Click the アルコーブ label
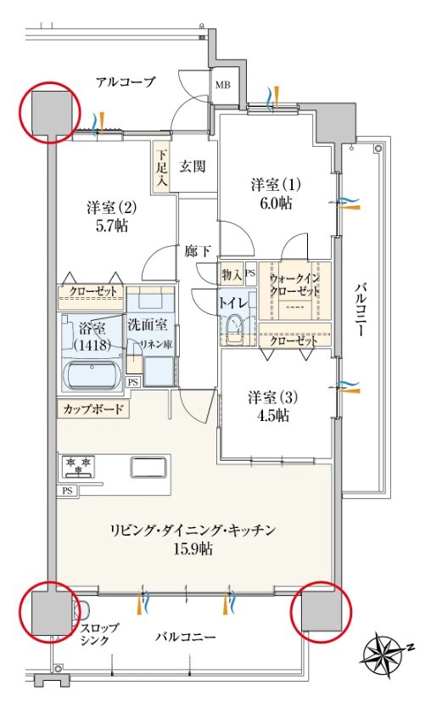click(x=126, y=82)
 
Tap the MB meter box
click(x=221, y=85)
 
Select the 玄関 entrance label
click(x=192, y=166)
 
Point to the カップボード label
click(x=92, y=409)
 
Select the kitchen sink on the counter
click(x=150, y=468)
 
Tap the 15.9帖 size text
click(x=195, y=549)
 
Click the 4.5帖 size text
click(x=269, y=416)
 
